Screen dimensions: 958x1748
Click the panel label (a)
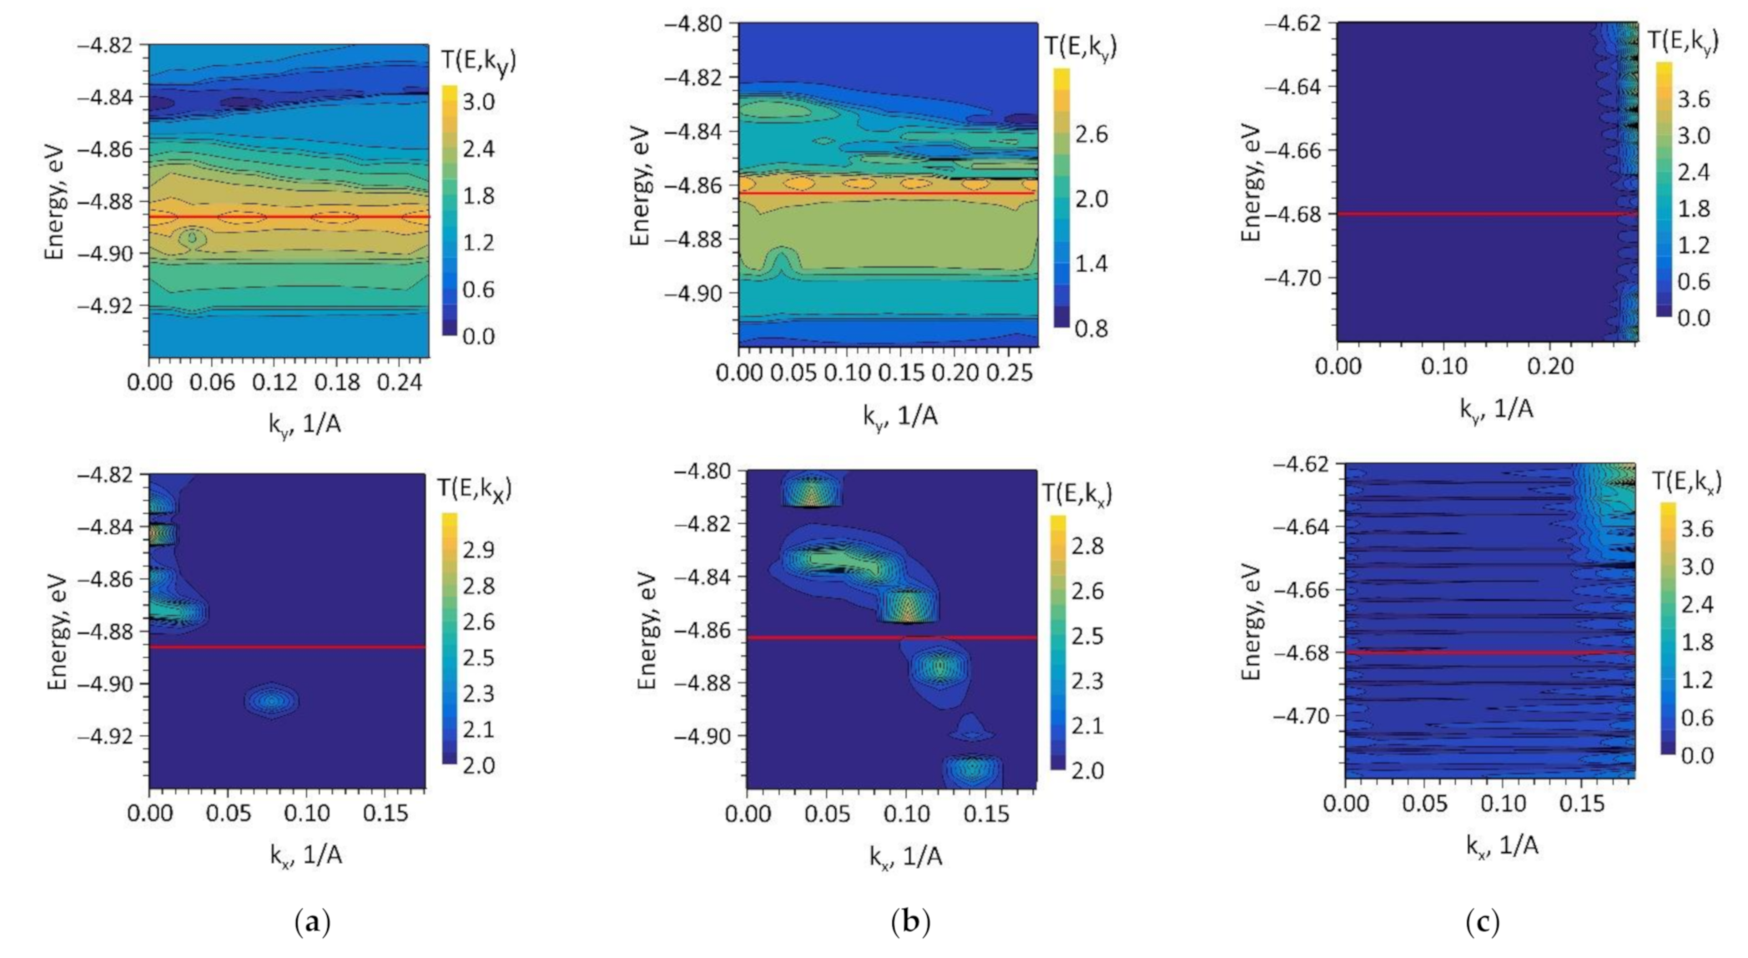point(313,922)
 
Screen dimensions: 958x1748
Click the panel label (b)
point(910,922)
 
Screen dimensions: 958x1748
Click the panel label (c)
point(1482,922)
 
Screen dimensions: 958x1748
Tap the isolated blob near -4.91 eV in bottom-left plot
point(272,701)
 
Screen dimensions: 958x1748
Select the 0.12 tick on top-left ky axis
point(275,382)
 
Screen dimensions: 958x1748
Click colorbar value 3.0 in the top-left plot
point(479,102)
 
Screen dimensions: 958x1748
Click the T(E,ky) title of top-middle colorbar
point(1080,47)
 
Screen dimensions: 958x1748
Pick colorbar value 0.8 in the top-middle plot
point(1091,328)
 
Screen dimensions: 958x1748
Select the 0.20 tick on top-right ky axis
point(1549,366)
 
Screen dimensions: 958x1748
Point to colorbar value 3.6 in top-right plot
point(1693,99)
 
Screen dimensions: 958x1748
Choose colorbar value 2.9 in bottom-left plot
point(478,549)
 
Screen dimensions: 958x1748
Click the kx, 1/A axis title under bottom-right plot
point(1502,846)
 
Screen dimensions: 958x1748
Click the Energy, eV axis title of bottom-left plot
point(57,631)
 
